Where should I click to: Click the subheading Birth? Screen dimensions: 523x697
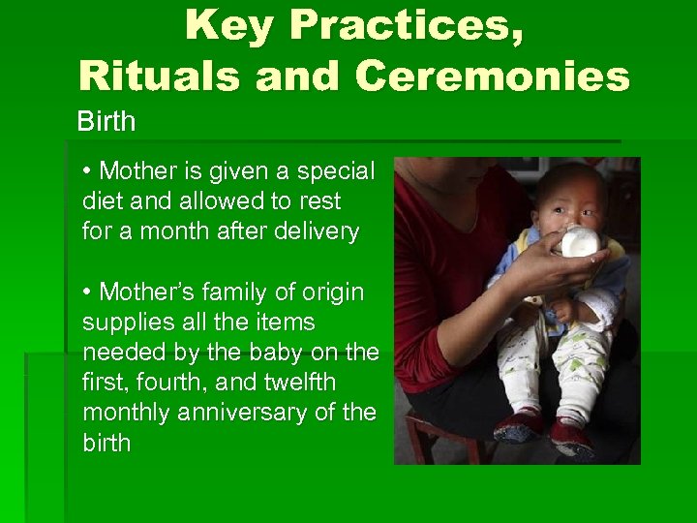click(106, 123)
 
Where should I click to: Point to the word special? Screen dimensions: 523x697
click(334, 171)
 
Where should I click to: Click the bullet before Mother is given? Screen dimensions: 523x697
click(87, 172)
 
